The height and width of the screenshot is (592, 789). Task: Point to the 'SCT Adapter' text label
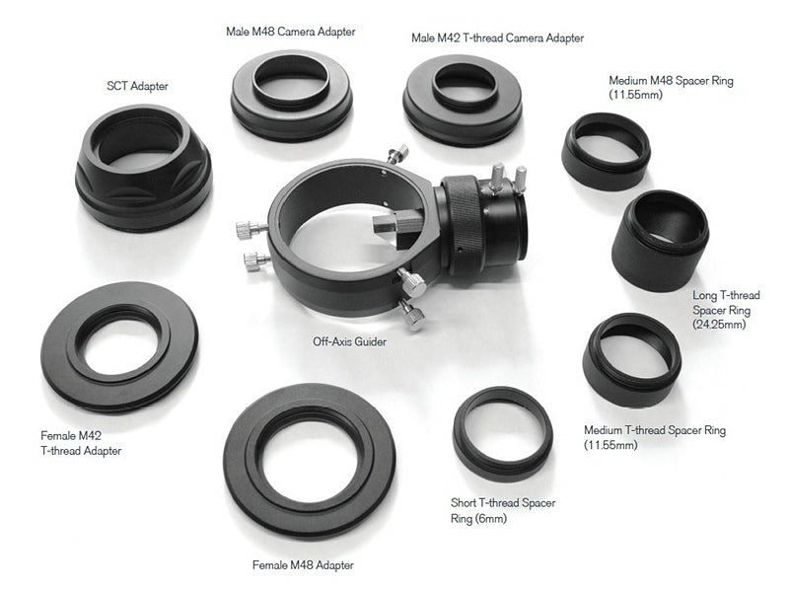(x=137, y=86)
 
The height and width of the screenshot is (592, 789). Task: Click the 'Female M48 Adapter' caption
(x=303, y=565)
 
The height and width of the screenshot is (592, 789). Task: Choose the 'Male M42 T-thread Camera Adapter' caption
(x=497, y=37)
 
